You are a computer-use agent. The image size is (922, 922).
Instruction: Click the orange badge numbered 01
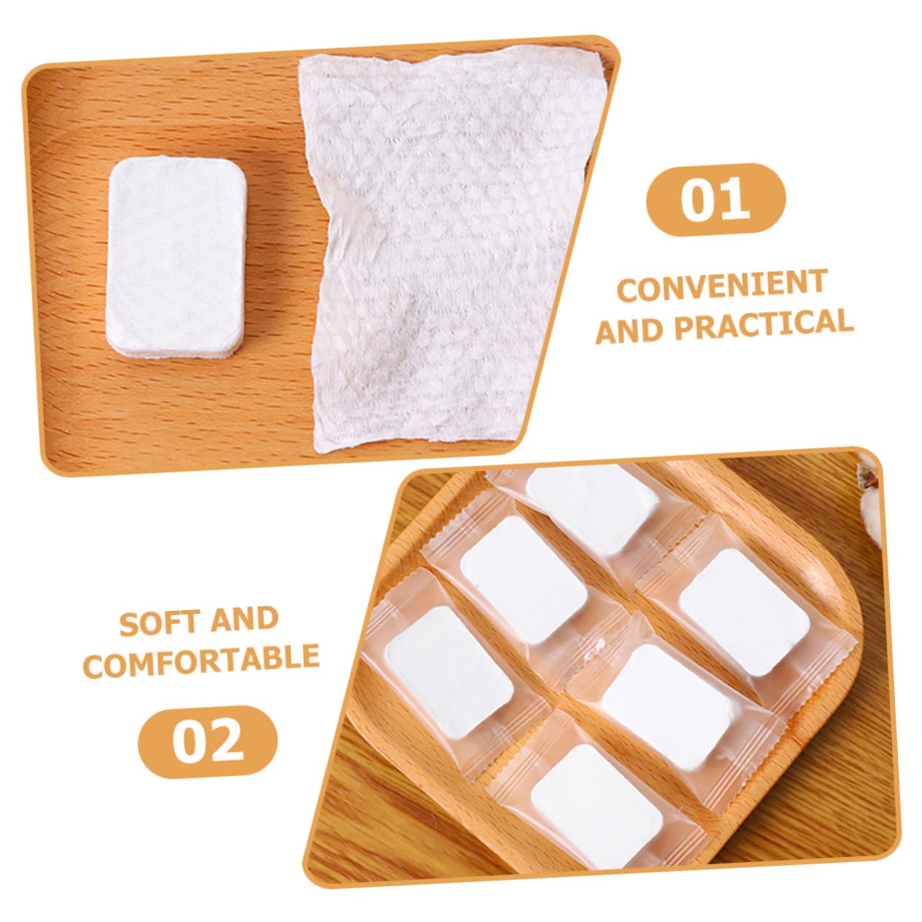pos(716,199)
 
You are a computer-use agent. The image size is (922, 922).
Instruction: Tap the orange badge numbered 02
pos(208,741)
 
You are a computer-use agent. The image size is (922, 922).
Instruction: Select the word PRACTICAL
pos(764,324)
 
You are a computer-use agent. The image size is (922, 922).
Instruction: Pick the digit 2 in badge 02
pos(227,741)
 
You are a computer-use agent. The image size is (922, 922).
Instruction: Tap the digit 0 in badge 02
pos(189,741)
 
